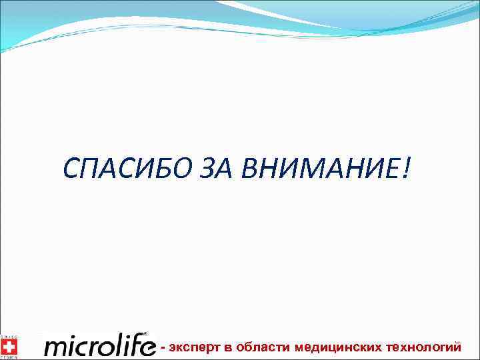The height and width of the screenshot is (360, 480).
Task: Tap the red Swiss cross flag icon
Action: (9, 345)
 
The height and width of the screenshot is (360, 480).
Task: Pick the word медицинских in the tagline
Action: (339, 347)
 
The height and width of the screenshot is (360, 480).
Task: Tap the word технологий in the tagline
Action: (425, 347)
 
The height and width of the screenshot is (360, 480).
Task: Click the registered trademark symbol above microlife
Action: (146, 334)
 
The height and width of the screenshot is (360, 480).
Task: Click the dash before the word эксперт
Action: (164, 347)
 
